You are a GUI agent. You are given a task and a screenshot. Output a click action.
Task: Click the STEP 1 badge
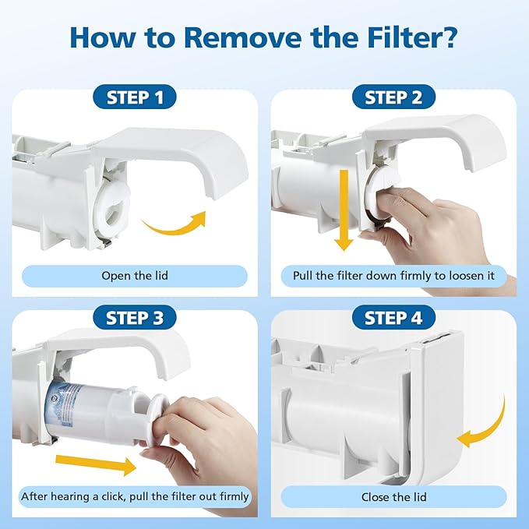point(134,97)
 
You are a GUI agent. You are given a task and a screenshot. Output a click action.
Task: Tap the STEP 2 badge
point(393,97)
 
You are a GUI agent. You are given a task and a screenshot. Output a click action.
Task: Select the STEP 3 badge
point(134,318)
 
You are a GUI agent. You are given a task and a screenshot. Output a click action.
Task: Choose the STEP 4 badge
point(393,318)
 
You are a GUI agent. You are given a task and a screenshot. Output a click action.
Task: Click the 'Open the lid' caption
point(134,276)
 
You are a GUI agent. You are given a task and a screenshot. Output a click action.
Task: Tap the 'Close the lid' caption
point(393,496)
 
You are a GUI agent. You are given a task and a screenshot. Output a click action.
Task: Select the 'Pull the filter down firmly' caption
point(400,276)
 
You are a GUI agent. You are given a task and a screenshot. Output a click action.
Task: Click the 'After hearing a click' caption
point(134,496)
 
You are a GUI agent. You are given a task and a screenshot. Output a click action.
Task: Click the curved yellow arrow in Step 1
point(175,226)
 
